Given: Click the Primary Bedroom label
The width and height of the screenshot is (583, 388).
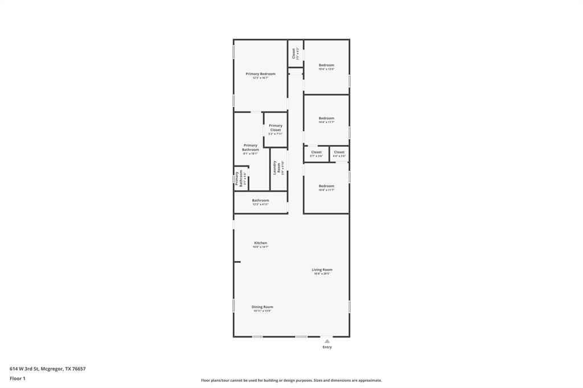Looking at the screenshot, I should pos(260,74).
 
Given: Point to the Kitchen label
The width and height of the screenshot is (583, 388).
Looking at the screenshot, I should pos(260,243).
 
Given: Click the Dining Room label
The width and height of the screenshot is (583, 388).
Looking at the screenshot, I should pos(262,307).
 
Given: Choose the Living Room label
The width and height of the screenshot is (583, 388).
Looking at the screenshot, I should pos(322,270).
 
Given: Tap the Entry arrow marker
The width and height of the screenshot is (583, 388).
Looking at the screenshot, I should pos(327,341).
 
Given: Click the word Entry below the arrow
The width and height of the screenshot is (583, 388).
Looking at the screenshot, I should pos(327,347).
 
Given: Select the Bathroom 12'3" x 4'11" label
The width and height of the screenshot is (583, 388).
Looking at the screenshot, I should pos(261,200).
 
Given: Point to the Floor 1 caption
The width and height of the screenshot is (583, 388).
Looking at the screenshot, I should pos(18,378).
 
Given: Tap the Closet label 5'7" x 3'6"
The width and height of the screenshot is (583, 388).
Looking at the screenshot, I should pos(316,152).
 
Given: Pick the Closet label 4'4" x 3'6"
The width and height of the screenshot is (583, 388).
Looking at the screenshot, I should pos(339,152).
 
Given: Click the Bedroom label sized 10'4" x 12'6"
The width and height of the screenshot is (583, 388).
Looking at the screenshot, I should pos(326,65).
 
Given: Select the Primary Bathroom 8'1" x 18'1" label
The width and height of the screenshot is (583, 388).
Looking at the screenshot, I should pos(251,147).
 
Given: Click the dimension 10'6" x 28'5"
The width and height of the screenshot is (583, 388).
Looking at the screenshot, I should pos(322,274).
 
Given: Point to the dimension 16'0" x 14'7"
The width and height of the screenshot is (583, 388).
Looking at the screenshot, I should pos(260,247).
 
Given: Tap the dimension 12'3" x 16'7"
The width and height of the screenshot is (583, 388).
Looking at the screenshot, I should pos(260,78).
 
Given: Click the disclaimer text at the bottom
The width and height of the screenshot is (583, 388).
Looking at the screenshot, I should pos(291,381).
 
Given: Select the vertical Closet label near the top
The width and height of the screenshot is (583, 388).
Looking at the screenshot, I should pos(294,53).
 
